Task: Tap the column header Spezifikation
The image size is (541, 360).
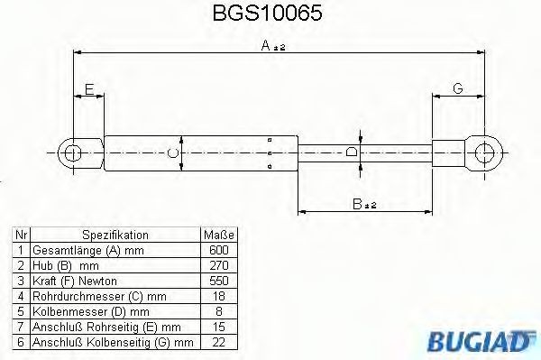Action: pos(115,235)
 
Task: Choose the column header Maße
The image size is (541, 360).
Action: pos(216,235)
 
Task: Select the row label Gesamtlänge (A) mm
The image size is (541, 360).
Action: pos(87,250)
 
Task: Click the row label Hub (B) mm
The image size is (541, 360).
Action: pos(65,265)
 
